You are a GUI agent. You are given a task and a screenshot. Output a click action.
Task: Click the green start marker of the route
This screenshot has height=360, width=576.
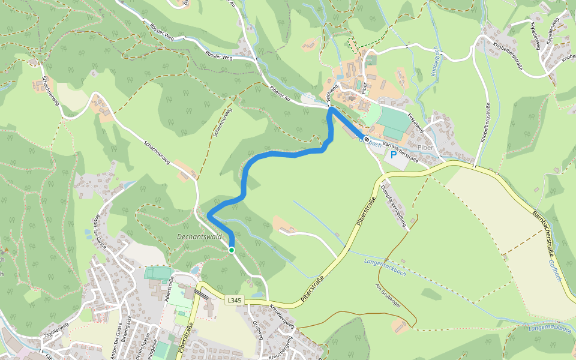point(232,250)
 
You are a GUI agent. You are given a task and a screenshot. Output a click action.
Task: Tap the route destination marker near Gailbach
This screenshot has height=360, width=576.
point(366,139)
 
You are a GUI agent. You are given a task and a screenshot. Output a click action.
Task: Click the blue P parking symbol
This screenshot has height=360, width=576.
point(394,155)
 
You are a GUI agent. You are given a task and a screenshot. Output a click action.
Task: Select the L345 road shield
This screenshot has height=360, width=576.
point(234,299)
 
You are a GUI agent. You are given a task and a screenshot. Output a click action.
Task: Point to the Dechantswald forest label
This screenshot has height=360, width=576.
point(199,237)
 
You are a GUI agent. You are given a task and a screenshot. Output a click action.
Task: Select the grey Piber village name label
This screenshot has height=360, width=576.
point(425,148)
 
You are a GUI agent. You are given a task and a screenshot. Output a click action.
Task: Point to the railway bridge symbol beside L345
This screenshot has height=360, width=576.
point(202,293)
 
